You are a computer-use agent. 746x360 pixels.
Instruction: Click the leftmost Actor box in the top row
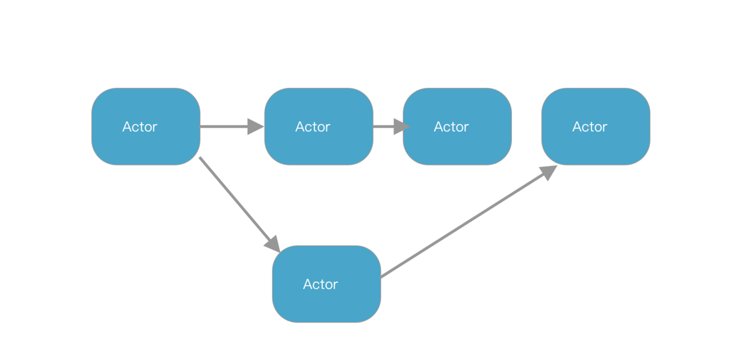point(146,126)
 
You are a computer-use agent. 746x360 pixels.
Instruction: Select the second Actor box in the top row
point(318,126)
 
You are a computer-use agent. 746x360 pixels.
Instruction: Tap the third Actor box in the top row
point(457,126)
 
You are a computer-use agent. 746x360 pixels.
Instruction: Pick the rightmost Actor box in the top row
point(596,126)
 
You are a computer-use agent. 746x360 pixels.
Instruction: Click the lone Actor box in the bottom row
point(326,284)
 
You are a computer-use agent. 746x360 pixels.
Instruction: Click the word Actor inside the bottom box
point(320,284)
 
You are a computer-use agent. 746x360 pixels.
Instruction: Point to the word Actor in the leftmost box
point(140,127)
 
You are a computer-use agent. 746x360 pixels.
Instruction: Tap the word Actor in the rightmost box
point(590,127)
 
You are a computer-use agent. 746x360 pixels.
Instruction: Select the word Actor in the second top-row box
point(313,127)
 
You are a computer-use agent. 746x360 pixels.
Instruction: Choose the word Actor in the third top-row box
point(451,127)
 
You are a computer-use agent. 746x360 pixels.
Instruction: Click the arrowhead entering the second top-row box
point(256,126)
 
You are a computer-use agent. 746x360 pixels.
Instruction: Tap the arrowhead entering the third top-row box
point(402,126)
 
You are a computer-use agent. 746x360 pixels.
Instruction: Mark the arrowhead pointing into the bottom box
point(273,244)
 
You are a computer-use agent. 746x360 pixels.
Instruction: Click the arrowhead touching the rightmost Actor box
point(548,172)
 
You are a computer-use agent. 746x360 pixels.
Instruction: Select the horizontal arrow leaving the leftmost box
point(226,126)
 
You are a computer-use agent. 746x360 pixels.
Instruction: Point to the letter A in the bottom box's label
point(307,284)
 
